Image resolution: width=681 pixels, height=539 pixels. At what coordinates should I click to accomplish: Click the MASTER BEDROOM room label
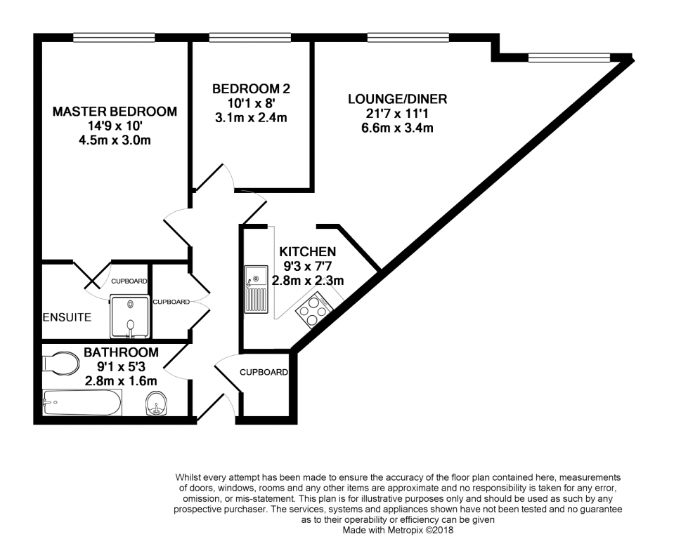pyautogui.click(x=115, y=112)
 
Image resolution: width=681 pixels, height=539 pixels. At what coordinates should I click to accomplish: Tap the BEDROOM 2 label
pyautogui.click(x=251, y=89)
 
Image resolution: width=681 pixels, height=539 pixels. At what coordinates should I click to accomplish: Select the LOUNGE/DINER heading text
pyautogui.click(x=397, y=99)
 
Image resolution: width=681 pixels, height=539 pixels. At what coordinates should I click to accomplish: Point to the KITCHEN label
pyautogui.click(x=308, y=251)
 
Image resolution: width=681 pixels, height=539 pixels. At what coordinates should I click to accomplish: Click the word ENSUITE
pyautogui.click(x=67, y=317)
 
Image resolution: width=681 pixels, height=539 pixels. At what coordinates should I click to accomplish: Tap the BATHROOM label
pyautogui.click(x=121, y=352)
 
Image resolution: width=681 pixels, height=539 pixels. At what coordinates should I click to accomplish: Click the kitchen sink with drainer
pyautogui.click(x=256, y=289)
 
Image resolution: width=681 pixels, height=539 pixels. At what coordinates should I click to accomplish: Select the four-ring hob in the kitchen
pyautogui.click(x=314, y=310)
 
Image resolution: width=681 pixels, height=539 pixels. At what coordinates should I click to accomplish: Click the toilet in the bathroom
pyautogui.click(x=60, y=364)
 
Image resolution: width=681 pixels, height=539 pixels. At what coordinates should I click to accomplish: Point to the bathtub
pyautogui.click(x=82, y=402)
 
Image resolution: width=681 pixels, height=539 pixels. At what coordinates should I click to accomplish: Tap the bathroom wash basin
pyautogui.click(x=156, y=404)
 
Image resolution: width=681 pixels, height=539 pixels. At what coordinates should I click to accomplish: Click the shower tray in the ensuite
pyautogui.click(x=130, y=317)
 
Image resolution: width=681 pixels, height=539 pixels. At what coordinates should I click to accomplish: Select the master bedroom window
pyautogui.click(x=114, y=38)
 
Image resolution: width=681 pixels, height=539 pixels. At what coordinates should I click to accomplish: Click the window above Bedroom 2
pyautogui.click(x=249, y=38)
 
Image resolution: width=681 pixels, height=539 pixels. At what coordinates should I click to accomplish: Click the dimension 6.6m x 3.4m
pyautogui.click(x=397, y=128)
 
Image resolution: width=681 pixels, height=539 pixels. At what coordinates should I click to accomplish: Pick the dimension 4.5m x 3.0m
pyautogui.click(x=115, y=140)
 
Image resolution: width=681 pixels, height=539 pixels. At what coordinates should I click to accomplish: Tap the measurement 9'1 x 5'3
pyautogui.click(x=121, y=367)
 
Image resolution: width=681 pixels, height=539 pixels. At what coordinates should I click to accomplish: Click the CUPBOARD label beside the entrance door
pyautogui.click(x=264, y=372)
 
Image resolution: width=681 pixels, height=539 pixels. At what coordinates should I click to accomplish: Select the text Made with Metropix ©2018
pyautogui.click(x=398, y=530)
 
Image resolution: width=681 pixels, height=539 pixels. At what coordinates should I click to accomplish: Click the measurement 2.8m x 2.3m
pyautogui.click(x=308, y=281)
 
